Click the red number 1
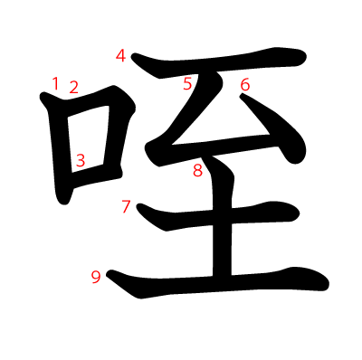click(55, 84)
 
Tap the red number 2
click(73, 88)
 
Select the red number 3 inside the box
click(81, 160)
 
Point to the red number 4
click(121, 56)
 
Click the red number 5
click(188, 84)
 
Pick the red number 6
click(244, 85)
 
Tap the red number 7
click(126, 206)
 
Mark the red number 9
click(96, 277)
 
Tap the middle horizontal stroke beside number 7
click(226, 214)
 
